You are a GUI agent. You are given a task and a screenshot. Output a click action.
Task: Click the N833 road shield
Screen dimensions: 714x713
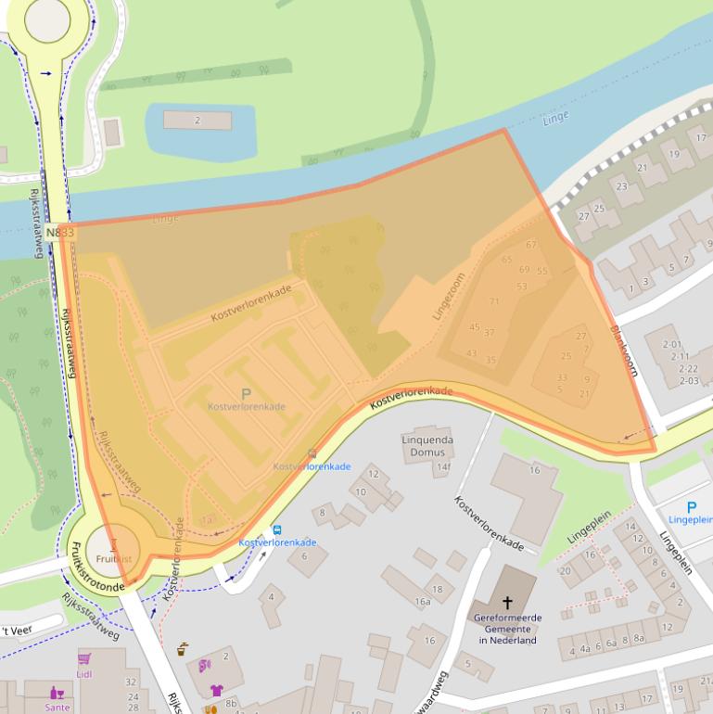pos(59,233)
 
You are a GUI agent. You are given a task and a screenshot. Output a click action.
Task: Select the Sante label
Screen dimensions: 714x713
pos(57,707)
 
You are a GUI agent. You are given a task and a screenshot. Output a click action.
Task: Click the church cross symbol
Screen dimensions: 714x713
pos(506,602)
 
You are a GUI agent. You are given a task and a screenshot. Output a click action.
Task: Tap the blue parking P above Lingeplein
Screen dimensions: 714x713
pos(691,507)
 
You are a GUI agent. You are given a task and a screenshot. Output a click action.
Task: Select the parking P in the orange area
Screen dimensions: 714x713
pos(246,394)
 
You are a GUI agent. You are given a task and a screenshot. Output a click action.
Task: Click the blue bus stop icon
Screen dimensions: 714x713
pos(276,529)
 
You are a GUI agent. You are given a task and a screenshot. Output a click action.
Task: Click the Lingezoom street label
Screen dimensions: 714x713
pos(448,296)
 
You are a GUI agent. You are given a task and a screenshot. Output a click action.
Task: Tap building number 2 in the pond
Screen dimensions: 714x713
pos(197,121)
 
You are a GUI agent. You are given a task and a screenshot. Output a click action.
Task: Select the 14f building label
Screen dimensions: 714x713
pos(443,466)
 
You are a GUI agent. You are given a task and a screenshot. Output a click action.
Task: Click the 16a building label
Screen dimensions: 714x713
pos(423,602)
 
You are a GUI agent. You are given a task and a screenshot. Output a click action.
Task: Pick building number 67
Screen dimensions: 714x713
pos(531,245)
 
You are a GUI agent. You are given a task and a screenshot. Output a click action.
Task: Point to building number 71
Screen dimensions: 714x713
pos(494,301)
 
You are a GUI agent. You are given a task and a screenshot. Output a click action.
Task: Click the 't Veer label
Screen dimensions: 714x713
pos(16,631)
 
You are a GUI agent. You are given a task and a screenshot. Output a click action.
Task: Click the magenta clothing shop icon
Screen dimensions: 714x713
pos(216,690)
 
